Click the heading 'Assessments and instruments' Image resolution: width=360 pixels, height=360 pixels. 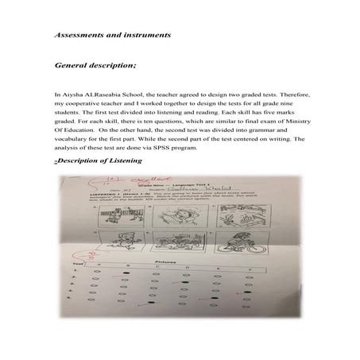106,36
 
